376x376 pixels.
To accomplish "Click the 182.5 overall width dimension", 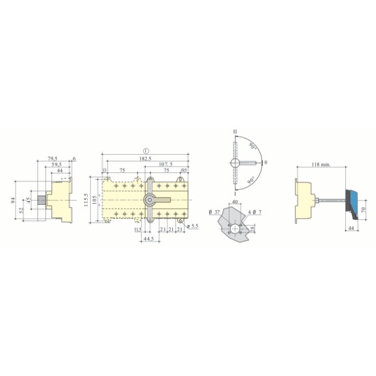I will point(145,159).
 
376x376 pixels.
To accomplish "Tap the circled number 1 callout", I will point(145,150).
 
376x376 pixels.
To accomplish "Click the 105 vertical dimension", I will point(95,200).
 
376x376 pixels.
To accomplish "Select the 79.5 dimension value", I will point(53,159).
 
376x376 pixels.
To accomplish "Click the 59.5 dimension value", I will point(56,165).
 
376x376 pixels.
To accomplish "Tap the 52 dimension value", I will point(22,211).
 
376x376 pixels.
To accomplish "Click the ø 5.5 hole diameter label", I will point(192,226).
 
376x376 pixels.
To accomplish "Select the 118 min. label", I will point(321,165).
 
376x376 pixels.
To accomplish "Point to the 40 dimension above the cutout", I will point(235,202).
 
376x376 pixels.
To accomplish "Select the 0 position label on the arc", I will point(265,162).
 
